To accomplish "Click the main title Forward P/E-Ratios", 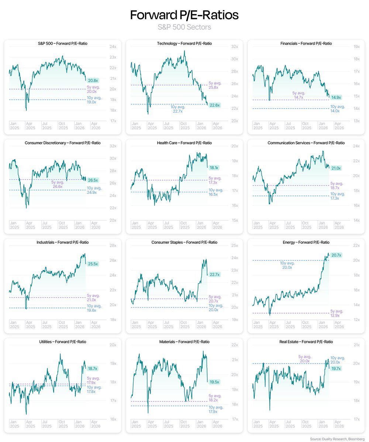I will tap(184, 15).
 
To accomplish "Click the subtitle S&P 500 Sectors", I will tap(184, 27).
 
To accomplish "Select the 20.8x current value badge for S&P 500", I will tap(93, 80).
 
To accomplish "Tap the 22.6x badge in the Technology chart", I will tap(214, 105).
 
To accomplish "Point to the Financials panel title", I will tap(306, 43).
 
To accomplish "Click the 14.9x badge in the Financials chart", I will tap(336, 97).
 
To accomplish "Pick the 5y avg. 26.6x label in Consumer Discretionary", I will tap(57, 184).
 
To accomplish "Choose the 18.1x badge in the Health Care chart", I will tap(214, 168).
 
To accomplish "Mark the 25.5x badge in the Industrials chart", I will tap(93, 264).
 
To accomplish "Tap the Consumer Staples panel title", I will tap(184, 242).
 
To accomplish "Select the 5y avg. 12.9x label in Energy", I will tap(336, 313).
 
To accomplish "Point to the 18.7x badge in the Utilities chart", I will tap(93, 368).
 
